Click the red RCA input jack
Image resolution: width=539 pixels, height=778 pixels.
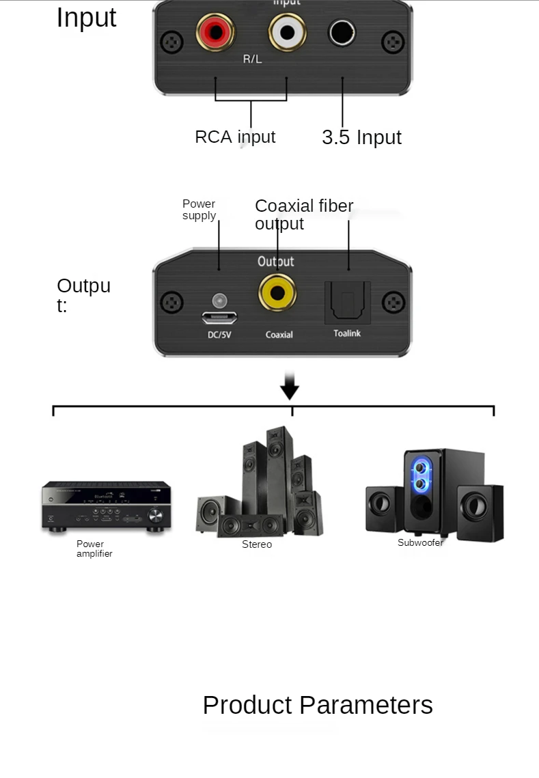tap(216, 33)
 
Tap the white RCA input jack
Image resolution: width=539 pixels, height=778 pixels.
tap(286, 32)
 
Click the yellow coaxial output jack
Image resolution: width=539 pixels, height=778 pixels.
tap(277, 293)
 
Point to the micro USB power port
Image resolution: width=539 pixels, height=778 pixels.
tap(219, 318)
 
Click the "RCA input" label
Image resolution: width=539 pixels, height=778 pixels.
tap(235, 137)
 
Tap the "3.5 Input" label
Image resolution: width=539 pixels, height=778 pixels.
tap(361, 137)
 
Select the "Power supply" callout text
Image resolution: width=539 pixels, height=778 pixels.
tap(199, 210)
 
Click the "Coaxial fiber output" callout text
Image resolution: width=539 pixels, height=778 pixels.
tap(304, 214)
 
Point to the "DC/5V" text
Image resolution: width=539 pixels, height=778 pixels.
tap(219, 334)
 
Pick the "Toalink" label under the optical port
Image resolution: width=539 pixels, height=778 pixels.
tap(347, 333)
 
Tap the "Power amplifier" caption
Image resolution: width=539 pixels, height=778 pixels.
tap(94, 548)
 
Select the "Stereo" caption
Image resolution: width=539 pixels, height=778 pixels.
tap(257, 544)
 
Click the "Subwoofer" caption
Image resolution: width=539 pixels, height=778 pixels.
tap(420, 542)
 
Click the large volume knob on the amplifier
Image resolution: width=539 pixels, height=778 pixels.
tap(156, 515)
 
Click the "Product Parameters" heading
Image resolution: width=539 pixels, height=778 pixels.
tap(318, 705)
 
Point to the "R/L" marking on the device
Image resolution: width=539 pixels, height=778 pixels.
tap(252, 59)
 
